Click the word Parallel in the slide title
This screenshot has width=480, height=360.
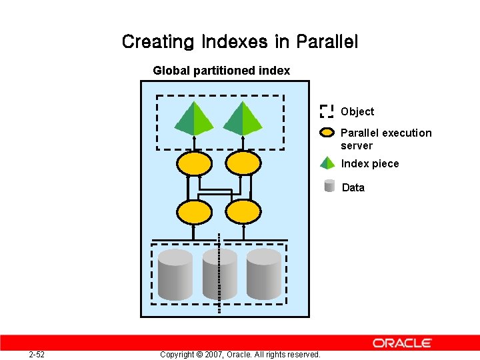pos(327,42)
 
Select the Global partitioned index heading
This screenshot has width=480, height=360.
pos(221,71)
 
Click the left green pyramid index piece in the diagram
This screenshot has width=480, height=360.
pos(193,119)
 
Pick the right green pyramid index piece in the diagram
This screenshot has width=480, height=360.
pos(243,119)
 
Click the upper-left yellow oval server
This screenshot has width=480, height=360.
pos(194,163)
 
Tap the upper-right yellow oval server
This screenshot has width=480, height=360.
pos(243,163)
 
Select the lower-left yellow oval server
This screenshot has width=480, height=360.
pos(194,212)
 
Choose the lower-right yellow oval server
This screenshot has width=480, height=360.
pos(243,212)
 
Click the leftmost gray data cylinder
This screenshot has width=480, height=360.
pos(175,275)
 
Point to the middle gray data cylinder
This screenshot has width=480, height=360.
pos(220,275)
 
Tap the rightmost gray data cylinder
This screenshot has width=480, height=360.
pos(264,275)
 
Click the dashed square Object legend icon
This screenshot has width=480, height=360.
pos(327,111)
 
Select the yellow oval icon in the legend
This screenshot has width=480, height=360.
pos(327,132)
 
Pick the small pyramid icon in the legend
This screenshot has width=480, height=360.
pos(327,163)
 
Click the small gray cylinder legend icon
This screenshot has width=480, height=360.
pos(329,186)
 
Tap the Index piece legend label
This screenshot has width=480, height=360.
pos(370,164)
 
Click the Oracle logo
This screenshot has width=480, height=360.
pos(402,343)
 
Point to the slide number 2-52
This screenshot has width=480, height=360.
pos(37,354)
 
